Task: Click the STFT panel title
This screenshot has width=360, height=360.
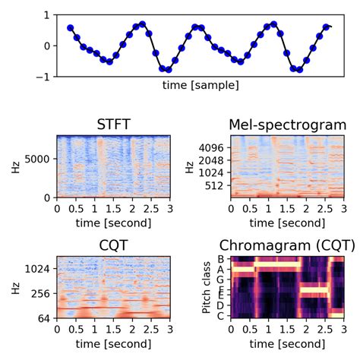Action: pos(114,125)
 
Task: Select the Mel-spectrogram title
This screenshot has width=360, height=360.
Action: pos(287,125)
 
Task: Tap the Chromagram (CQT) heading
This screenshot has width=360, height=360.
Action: pos(282,245)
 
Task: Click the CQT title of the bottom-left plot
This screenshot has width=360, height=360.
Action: pos(114,245)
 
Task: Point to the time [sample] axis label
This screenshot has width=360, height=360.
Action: pos(200,85)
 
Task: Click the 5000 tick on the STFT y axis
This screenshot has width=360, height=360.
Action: pos(38,159)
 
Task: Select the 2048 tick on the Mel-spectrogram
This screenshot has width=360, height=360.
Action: pos(213,161)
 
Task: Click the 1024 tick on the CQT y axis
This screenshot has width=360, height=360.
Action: pos(38,269)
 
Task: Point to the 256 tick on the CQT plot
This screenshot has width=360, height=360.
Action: pos(41,292)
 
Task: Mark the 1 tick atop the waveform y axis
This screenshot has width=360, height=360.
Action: pos(49,15)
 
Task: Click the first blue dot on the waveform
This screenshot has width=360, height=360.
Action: pos(71,28)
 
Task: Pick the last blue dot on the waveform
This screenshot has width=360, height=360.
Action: pos(327,27)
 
